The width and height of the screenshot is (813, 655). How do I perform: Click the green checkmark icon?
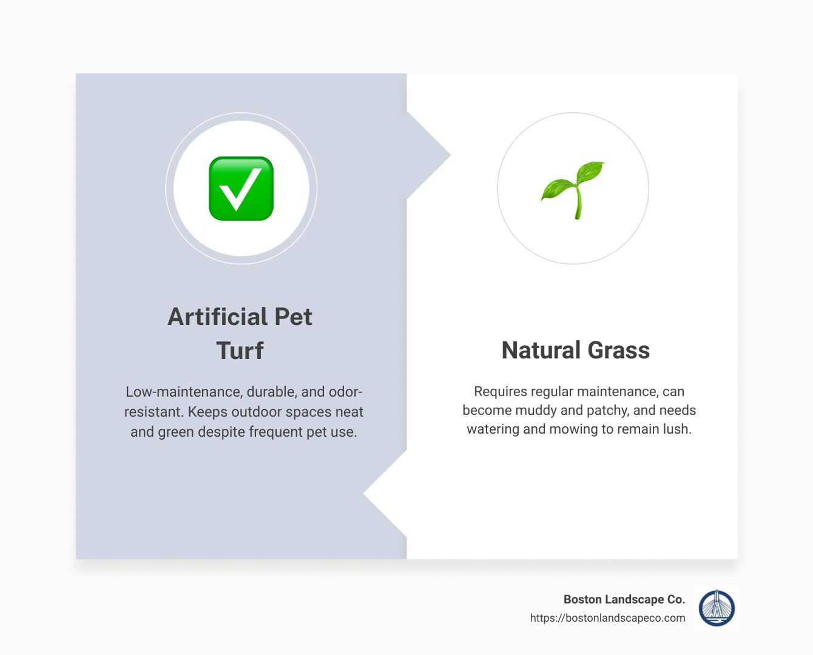coord(241,189)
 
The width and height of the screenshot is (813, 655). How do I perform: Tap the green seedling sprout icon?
coord(573,189)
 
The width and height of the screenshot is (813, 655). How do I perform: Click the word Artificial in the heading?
coord(217,317)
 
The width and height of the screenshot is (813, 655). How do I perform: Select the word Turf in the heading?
coord(240,351)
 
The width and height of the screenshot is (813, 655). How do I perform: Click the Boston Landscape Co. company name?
coord(624,599)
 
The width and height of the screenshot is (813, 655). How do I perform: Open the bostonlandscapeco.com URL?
coord(607,618)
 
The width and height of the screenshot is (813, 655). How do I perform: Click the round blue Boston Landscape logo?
coord(717,608)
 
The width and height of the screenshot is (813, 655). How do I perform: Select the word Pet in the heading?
coord(294,317)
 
